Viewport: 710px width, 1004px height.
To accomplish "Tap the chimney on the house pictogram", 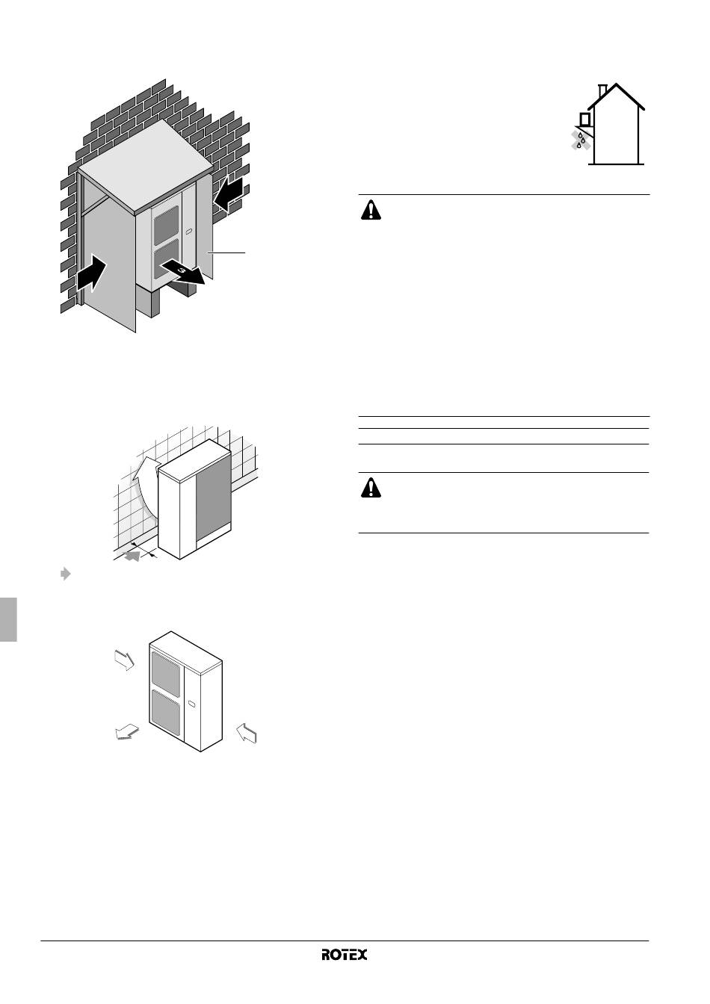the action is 603,91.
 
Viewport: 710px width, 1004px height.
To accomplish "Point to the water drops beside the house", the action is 581,140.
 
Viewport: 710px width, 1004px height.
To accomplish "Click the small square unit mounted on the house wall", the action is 584,120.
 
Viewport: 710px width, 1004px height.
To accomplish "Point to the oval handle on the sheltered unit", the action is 188,232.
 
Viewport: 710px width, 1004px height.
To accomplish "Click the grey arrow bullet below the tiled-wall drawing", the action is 66,574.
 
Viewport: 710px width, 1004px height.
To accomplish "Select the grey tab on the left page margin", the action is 8,619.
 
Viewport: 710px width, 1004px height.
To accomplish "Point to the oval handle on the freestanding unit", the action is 191,704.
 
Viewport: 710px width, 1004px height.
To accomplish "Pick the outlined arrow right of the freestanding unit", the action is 246,733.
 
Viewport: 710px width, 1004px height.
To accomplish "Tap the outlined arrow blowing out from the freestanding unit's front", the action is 126,733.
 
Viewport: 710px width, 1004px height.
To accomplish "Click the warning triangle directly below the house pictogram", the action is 371,210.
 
